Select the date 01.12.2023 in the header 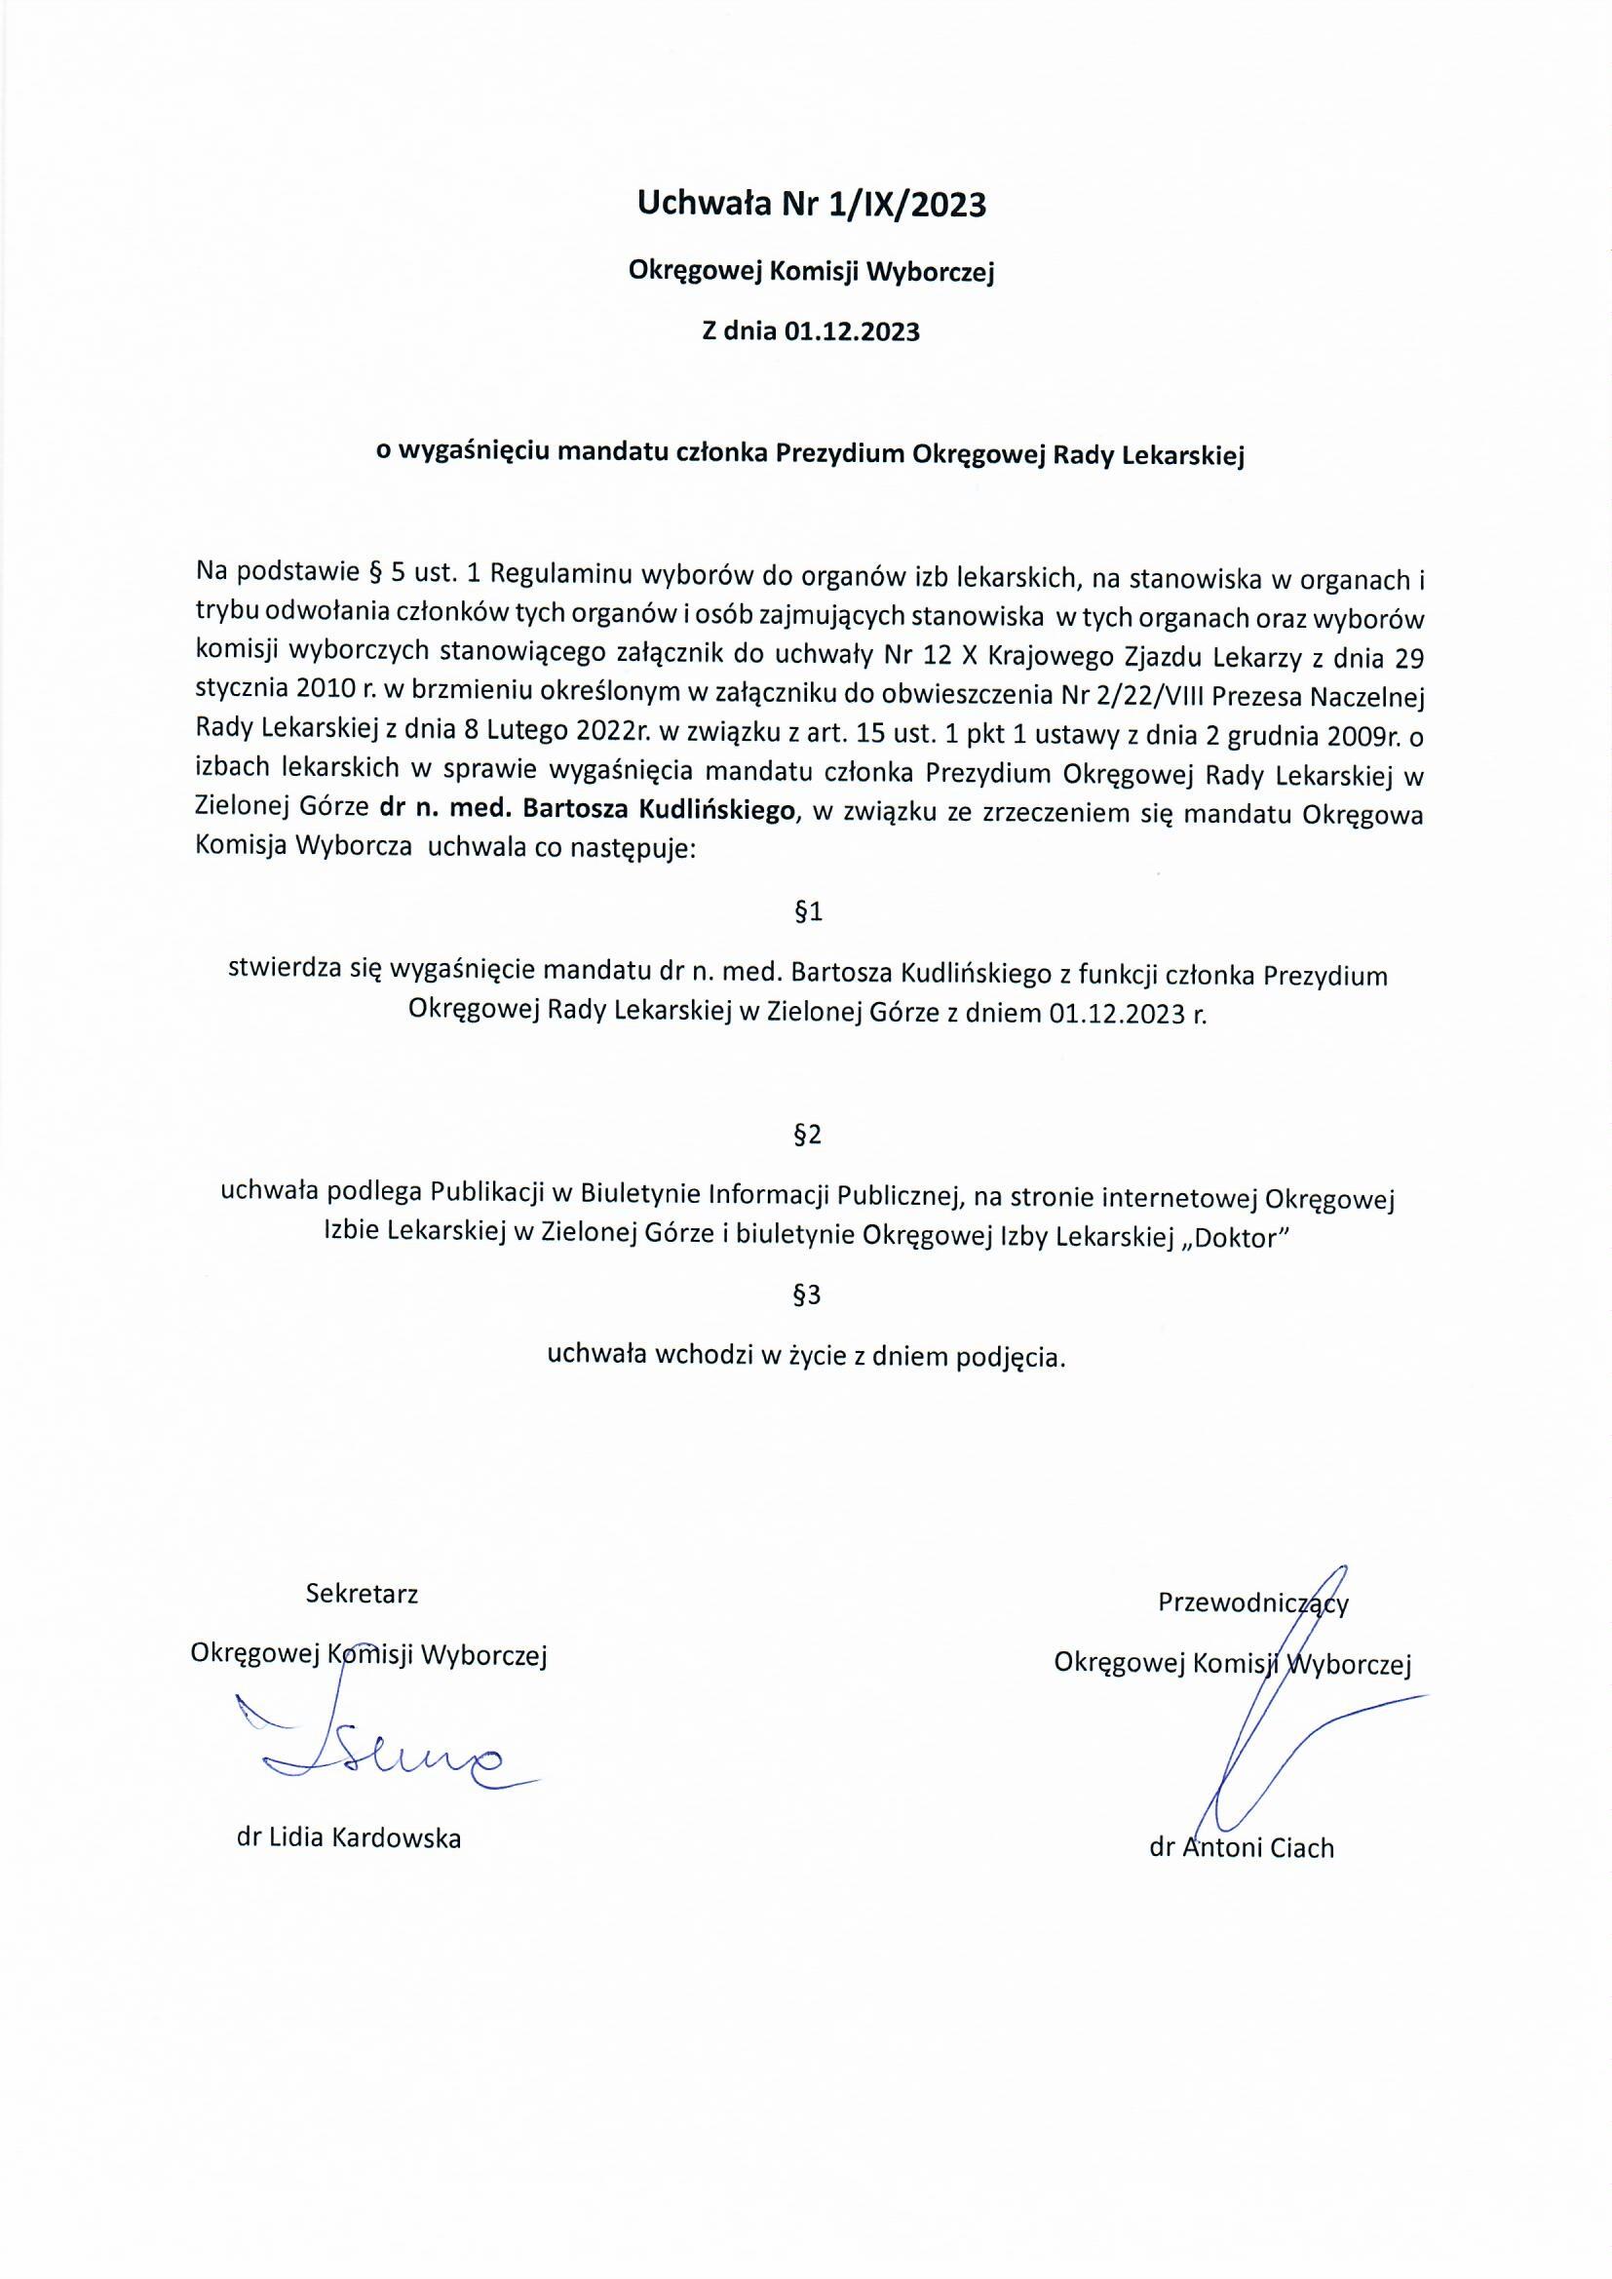852,331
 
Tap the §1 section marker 809,911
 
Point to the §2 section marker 808,1135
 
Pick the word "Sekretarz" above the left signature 363,1593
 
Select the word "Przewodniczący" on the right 1252,1603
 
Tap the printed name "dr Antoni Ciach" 1242,1847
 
